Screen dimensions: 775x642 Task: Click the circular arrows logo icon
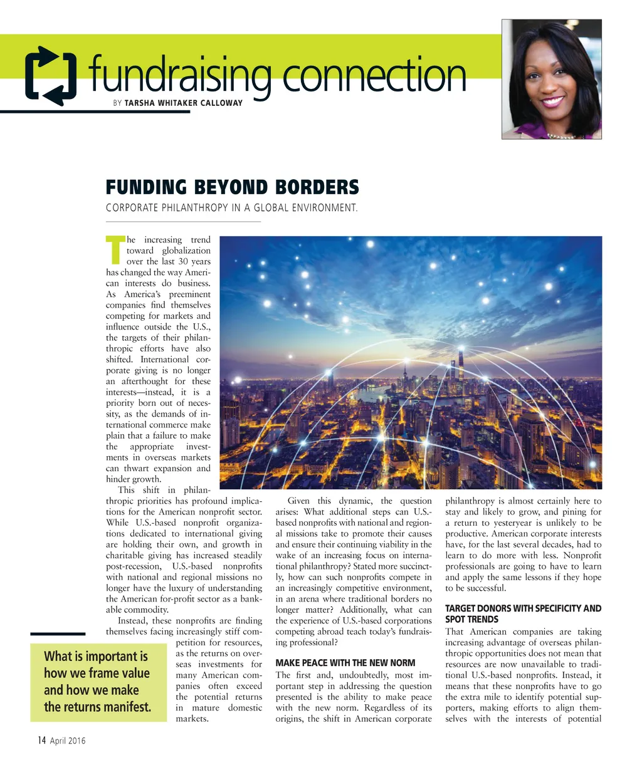coord(51,75)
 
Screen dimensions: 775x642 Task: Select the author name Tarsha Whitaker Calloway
coord(183,103)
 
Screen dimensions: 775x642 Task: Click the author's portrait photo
coord(551,79)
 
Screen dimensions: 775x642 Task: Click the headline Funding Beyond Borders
coord(232,187)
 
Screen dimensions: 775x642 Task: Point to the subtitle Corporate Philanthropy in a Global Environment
coord(231,208)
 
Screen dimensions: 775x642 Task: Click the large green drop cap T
coord(115,249)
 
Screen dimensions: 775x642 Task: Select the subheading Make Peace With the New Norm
coord(345,663)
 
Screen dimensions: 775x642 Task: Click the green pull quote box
coord(98,682)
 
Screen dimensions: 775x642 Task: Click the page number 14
coord(41,741)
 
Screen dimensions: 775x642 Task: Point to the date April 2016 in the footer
coord(67,741)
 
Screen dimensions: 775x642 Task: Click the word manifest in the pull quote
coord(127,707)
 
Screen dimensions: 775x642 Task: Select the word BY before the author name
coord(117,103)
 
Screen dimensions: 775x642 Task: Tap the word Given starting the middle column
coord(299,501)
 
